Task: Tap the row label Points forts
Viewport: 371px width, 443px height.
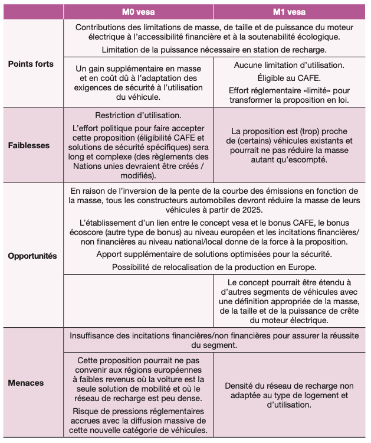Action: [x=31, y=64]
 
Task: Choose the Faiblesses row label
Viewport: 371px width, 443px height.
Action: [x=29, y=145]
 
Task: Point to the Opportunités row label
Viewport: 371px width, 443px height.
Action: [x=32, y=256]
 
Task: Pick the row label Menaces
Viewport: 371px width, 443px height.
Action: [x=26, y=383]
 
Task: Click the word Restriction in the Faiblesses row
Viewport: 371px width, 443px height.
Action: [x=119, y=115]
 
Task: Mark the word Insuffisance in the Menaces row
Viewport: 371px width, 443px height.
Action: [x=96, y=335]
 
